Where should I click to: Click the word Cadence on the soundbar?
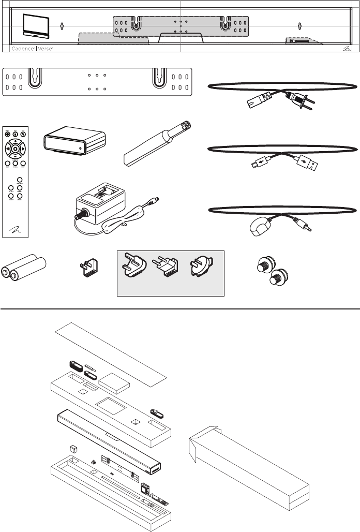click(x=22, y=48)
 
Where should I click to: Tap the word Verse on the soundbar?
click(x=46, y=48)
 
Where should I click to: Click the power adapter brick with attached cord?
click(x=101, y=205)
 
